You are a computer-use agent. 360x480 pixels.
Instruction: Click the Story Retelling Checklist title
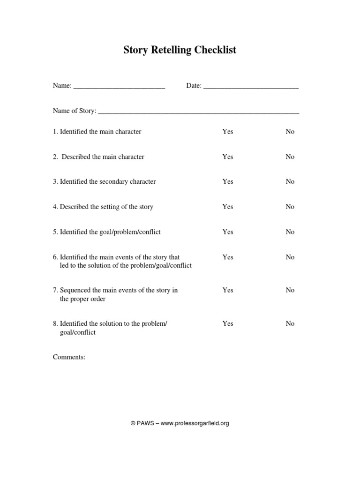[x=180, y=50]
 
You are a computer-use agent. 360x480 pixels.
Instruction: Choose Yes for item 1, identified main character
[x=227, y=132]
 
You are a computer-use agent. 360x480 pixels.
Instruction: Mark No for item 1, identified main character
[x=290, y=132]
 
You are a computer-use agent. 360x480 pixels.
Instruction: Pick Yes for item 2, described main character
[x=227, y=157]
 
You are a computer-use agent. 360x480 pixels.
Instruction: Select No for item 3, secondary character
[x=290, y=182]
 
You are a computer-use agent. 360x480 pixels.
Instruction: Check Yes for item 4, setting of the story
[x=227, y=207]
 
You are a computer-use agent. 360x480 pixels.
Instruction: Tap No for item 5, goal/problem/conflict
[x=290, y=232]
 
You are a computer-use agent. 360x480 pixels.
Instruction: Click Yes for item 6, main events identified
[x=227, y=257]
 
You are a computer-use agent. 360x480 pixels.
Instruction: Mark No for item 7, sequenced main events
[x=290, y=290]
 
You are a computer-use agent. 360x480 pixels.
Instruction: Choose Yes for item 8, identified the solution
[x=227, y=323]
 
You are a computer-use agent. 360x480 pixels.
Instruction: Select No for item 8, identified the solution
[x=290, y=323]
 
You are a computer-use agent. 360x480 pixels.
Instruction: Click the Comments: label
[x=69, y=357]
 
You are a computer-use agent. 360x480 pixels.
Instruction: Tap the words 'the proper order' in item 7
[x=82, y=299]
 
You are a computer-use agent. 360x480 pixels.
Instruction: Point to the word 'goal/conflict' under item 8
[x=78, y=332]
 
